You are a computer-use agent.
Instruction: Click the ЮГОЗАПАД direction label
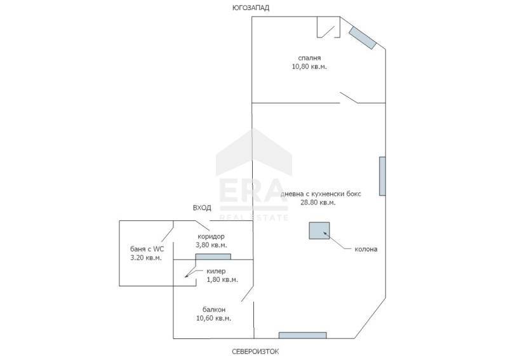coord(250,8)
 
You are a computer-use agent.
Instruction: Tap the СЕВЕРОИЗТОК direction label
coord(255,351)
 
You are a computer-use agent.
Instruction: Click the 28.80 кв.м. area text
coord(317,203)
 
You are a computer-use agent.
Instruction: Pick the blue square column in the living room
coord(319,230)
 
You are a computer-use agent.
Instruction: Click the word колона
coord(366,250)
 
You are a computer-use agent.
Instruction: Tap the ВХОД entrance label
coord(202,208)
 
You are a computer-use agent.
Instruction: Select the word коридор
coord(211,236)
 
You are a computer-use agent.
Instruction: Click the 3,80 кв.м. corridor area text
coord(211,244)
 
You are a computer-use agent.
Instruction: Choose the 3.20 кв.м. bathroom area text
coord(146,258)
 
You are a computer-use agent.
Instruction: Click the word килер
coord(216,272)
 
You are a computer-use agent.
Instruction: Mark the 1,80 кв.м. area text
coord(222,280)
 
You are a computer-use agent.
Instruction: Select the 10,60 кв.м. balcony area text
coord(213,318)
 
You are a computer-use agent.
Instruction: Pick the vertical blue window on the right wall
coord(382,176)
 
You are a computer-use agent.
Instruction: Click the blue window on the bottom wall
coord(302,335)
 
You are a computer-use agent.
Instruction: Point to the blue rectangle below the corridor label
coord(213,257)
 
